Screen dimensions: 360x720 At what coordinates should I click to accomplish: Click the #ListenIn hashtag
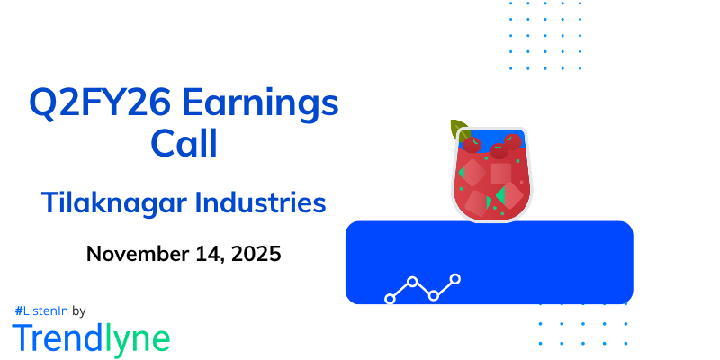coord(40,310)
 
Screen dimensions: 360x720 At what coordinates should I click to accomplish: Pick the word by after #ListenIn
coord(78,311)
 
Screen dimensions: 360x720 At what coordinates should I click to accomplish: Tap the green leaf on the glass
coord(460,130)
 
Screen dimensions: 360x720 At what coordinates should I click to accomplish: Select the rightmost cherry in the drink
coord(513,142)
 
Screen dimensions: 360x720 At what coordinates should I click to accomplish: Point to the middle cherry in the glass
coord(498,149)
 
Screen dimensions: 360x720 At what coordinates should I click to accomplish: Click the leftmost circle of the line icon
coord(391,298)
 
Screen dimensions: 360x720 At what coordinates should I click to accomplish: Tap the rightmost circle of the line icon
coord(455,279)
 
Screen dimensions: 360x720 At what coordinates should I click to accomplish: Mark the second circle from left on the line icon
coord(412,282)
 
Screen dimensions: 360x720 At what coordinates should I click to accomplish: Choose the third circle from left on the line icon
coord(434,295)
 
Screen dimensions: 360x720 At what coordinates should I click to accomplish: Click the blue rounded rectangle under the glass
coord(540,261)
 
